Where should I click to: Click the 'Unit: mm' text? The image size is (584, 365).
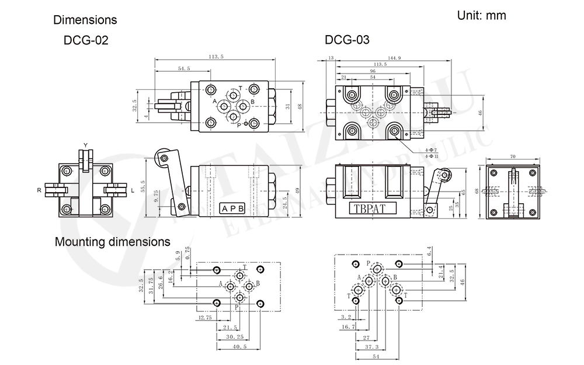coord(481,16)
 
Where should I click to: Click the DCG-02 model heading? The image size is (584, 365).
coord(86,41)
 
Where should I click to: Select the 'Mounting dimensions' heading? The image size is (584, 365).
coord(113,241)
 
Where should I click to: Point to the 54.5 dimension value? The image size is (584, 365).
coord(183,69)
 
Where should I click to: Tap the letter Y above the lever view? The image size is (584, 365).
coord(85,145)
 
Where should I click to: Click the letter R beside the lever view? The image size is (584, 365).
coord(39,190)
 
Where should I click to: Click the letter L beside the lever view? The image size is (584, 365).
coord(133,190)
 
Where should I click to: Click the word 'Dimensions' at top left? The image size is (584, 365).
coord(85,20)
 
